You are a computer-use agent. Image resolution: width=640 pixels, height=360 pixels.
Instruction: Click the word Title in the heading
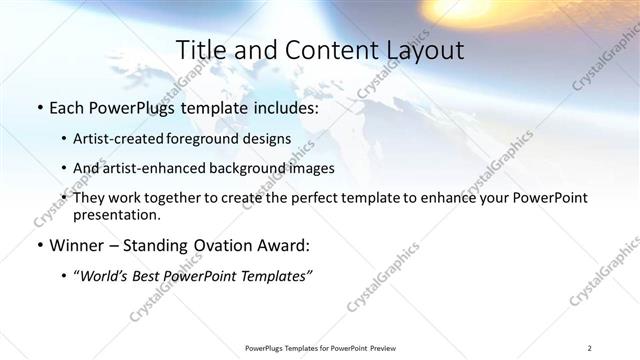(x=200, y=50)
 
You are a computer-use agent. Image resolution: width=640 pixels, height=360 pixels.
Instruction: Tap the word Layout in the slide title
(x=423, y=50)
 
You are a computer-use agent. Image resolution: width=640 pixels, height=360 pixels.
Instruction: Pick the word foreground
(x=213, y=138)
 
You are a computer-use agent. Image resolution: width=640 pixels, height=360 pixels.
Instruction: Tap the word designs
(x=269, y=138)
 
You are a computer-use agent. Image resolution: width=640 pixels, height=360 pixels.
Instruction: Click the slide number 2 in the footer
(x=591, y=348)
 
